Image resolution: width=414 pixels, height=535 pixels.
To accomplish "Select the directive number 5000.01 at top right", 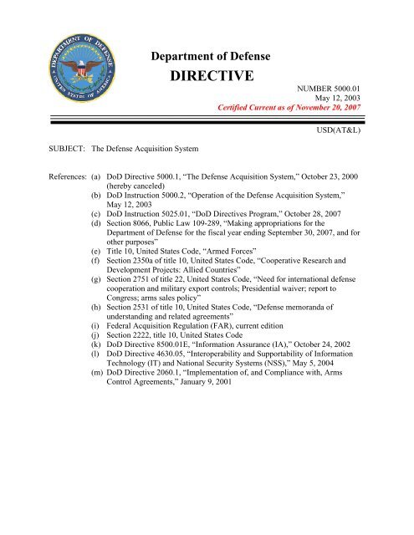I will tap(373, 97).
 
